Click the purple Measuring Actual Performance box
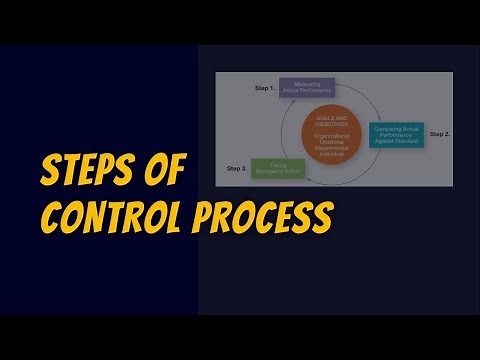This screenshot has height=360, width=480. coord(306,89)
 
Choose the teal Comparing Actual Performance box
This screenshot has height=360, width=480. coord(397,133)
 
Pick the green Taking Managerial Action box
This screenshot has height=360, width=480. coord(278,169)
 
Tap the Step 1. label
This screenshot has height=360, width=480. coord(263,89)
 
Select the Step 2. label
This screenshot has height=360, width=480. coord(440,133)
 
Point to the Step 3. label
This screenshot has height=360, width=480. coord(236,167)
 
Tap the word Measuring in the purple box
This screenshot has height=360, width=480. coord(306,85)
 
